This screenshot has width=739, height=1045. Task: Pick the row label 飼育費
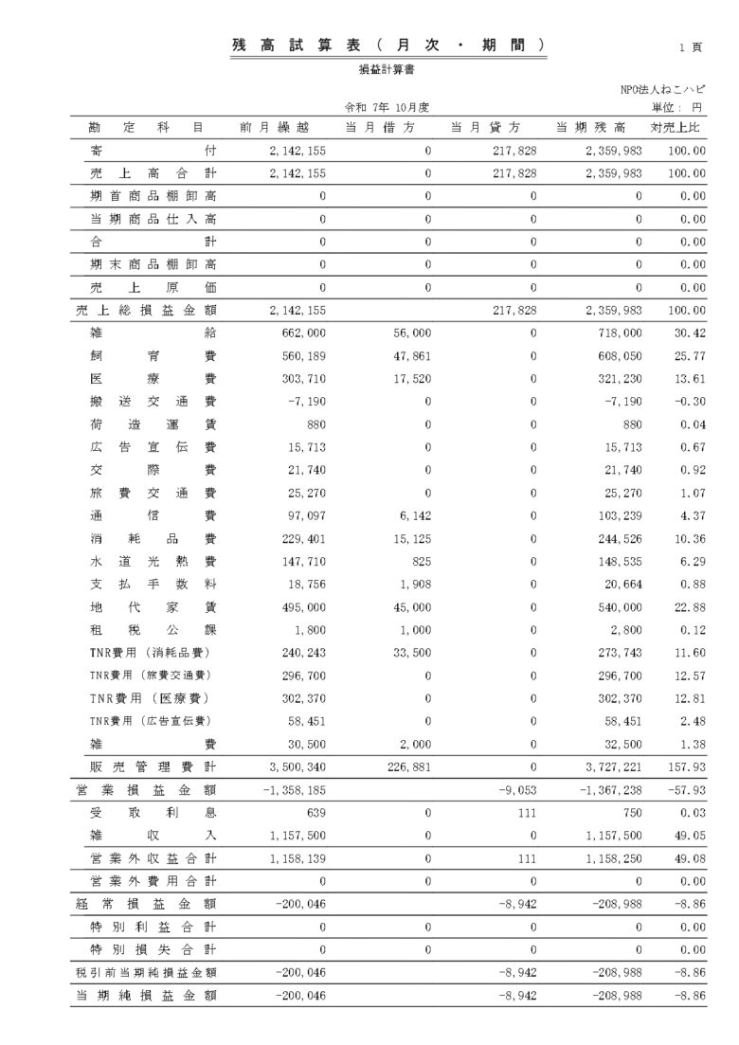click(147, 356)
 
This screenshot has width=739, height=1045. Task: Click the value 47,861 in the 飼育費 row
click(410, 356)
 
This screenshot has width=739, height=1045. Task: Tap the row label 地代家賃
click(147, 607)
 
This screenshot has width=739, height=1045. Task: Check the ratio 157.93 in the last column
click(687, 766)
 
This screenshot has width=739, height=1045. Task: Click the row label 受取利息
click(147, 813)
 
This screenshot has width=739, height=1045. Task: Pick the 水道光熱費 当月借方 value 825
click(421, 562)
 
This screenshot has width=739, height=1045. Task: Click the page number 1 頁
click(690, 46)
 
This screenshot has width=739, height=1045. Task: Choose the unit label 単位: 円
click(676, 107)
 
